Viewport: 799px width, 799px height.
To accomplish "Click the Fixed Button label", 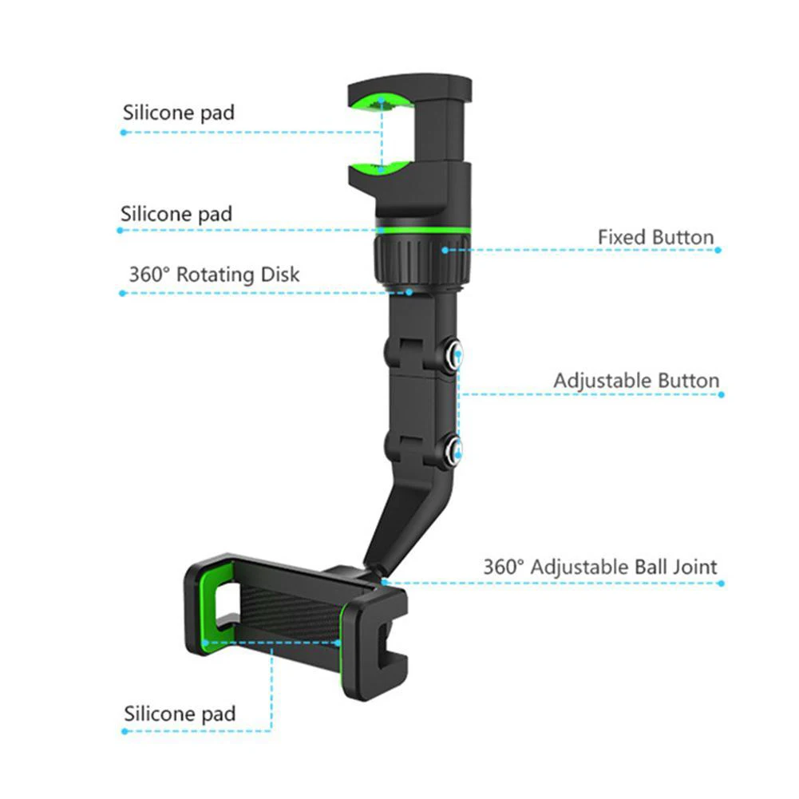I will [655, 237].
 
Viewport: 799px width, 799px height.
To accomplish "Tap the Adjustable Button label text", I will [636, 381].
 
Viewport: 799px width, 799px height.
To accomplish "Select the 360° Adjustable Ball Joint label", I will [599, 568].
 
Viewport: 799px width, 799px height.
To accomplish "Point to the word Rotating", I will [214, 275].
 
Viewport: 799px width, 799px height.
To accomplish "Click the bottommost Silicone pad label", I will [180, 713].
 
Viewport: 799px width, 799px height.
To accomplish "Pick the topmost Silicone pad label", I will [179, 113].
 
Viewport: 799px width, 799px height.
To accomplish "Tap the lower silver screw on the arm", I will [452, 449].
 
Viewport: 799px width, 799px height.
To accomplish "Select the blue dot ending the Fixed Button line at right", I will [718, 250].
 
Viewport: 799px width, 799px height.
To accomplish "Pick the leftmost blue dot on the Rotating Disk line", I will [122, 293].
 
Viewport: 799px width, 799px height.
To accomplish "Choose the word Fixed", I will [622, 237].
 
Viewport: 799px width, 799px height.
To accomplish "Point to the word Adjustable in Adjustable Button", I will [603, 381].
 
